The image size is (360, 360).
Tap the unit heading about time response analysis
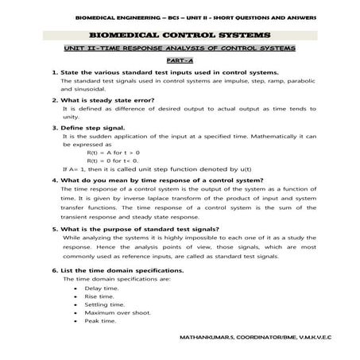(x=180, y=48)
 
